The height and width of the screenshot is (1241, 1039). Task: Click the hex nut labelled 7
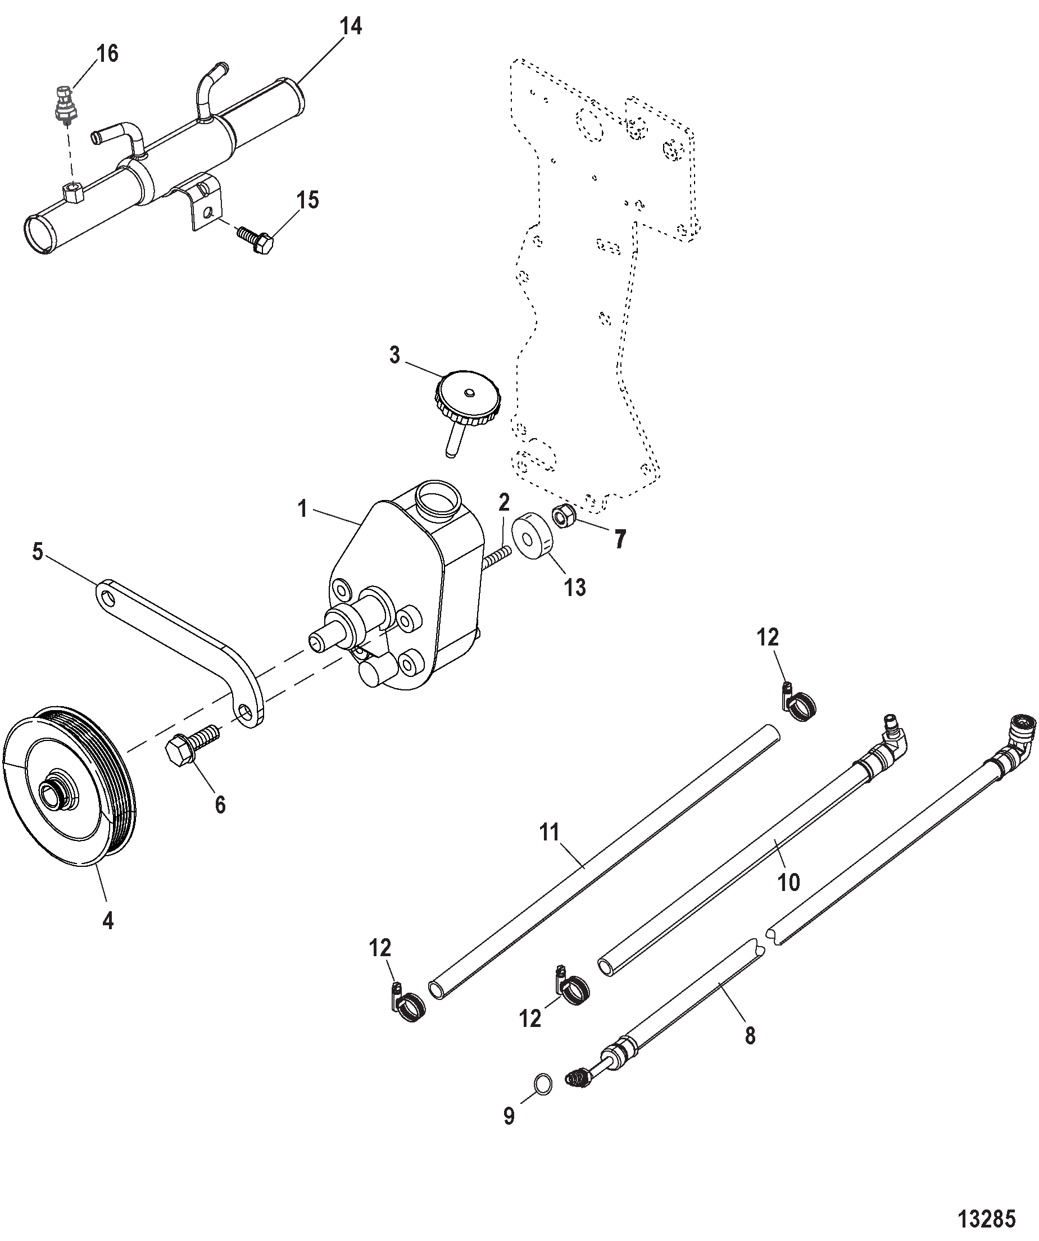tap(560, 516)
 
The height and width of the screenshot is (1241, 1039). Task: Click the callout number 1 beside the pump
tap(303, 508)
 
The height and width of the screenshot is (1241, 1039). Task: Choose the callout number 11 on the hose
tap(549, 833)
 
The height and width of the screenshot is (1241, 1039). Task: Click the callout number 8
tap(750, 1035)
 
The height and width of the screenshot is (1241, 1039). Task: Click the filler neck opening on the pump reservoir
tap(438, 501)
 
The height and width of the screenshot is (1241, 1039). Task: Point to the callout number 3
tap(395, 355)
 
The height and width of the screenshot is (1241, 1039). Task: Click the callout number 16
tap(107, 54)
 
